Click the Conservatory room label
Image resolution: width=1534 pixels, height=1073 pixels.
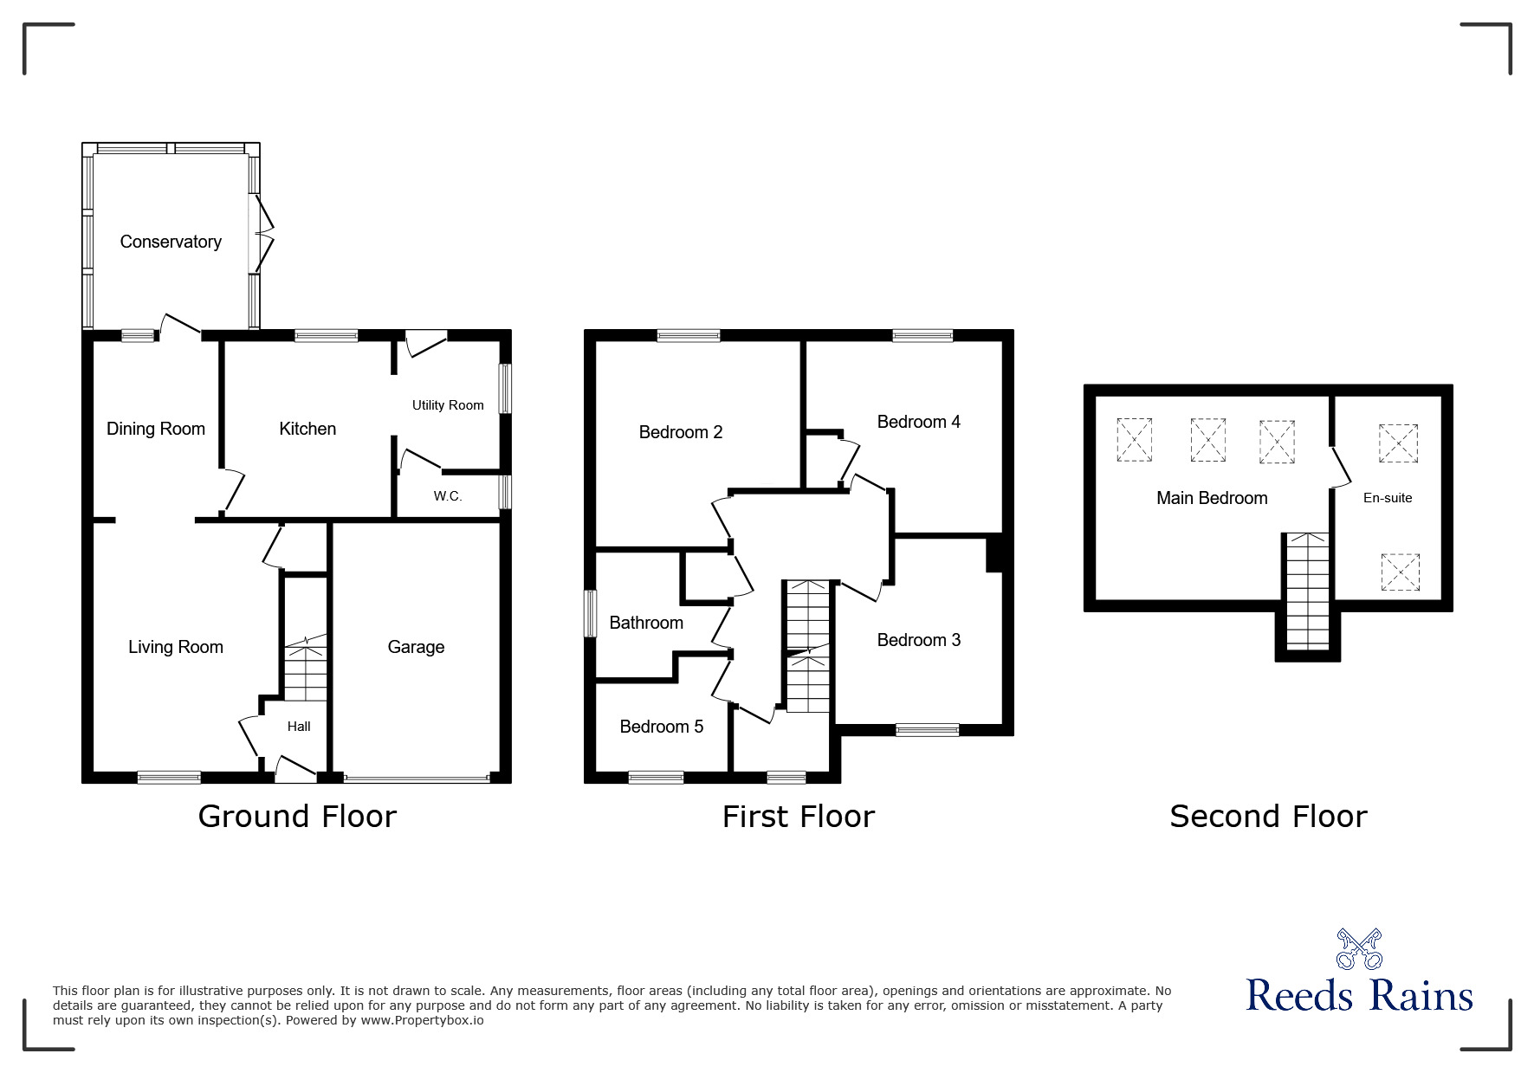(x=171, y=242)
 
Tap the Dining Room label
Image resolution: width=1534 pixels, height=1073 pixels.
(x=156, y=429)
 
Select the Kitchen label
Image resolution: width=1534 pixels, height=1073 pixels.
(x=307, y=429)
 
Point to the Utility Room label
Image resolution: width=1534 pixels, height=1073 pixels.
(x=448, y=405)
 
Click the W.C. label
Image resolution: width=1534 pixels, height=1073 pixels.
(x=448, y=496)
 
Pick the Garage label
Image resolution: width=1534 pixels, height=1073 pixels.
(x=416, y=647)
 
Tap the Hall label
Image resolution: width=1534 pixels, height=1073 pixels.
(x=299, y=727)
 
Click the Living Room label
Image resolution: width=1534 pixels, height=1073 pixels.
(x=176, y=647)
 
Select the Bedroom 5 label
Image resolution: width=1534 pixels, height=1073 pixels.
(x=662, y=727)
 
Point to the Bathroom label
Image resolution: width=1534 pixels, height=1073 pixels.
(x=646, y=623)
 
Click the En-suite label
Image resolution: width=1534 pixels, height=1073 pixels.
(x=1388, y=498)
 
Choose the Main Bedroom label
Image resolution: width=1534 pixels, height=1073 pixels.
(x=1212, y=498)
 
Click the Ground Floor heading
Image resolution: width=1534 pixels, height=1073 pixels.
(x=297, y=817)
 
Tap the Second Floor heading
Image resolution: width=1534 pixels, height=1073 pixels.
(x=1268, y=817)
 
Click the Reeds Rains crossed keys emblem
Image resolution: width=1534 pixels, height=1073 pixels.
(x=1359, y=949)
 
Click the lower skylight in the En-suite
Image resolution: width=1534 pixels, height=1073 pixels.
(x=1400, y=572)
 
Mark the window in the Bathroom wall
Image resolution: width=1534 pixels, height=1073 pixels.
(x=591, y=614)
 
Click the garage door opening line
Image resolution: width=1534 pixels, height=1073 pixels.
(x=416, y=779)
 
